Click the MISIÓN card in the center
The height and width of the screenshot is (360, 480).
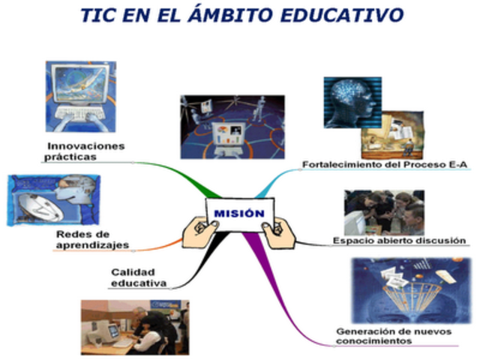point(239,214)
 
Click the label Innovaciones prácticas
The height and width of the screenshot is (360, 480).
point(85,151)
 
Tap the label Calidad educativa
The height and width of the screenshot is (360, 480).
point(139,277)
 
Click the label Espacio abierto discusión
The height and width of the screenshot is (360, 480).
point(399,240)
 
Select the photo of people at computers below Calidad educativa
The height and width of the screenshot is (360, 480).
point(134,327)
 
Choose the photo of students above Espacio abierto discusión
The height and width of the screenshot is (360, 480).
point(384,211)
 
